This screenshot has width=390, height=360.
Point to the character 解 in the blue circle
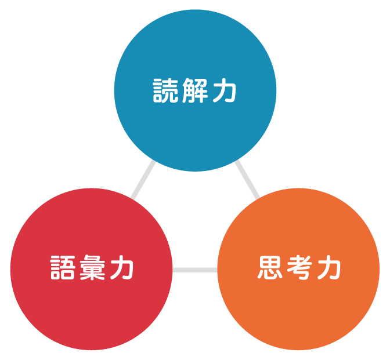point(194,91)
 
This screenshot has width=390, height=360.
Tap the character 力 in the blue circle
point(224,91)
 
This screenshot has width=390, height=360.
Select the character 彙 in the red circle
point(91,269)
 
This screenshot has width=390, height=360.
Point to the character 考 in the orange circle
point(298,269)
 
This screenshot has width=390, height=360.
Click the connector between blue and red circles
point(143,180)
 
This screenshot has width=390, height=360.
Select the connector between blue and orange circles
point(247,180)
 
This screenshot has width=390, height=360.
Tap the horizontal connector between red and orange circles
point(195,270)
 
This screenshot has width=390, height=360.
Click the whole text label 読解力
point(194,91)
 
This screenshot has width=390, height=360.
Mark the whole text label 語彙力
point(91,269)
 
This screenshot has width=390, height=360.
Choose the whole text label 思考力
point(298,269)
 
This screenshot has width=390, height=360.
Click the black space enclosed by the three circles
point(195,220)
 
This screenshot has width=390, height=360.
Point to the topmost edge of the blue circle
point(195,10)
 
